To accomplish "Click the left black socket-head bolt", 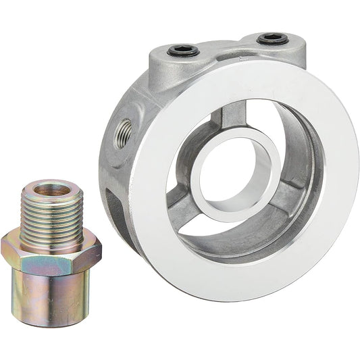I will pyautogui.click(x=184, y=51).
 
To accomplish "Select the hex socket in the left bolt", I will pyautogui.click(x=184, y=50).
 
